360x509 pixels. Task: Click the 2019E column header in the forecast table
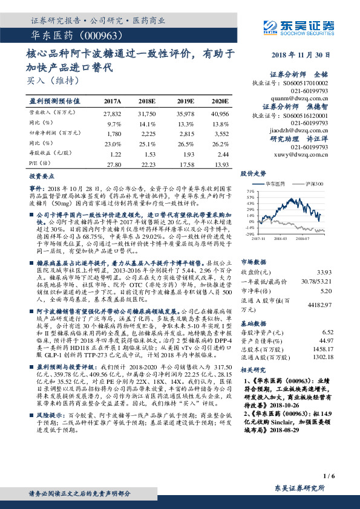coord(186,102)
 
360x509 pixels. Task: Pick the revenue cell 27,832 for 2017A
coord(113,114)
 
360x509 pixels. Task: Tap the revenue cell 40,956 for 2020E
coord(220,114)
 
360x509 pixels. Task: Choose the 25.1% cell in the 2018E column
coord(148,144)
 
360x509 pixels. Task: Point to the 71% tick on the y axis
coord(250,190)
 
